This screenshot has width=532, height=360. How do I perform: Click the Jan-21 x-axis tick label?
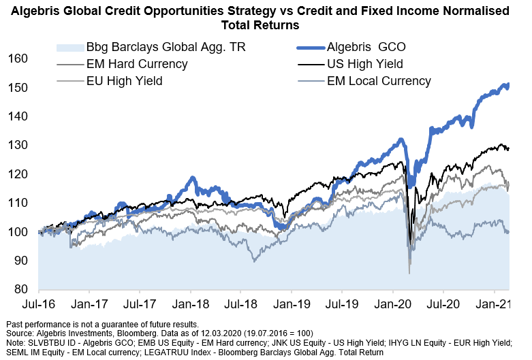tap(495, 304)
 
